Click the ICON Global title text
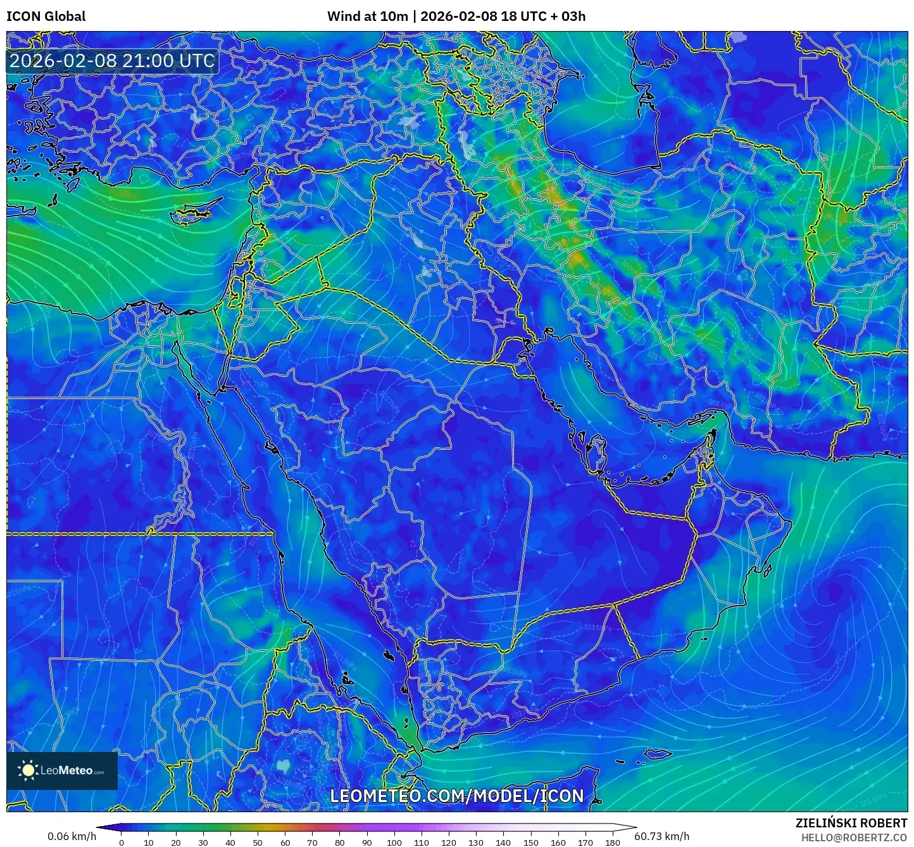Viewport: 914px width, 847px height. [46, 16]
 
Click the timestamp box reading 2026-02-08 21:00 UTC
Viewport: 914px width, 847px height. [112, 61]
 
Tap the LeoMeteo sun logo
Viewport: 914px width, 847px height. [28, 770]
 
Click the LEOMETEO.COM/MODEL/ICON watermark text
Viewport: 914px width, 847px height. [456, 796]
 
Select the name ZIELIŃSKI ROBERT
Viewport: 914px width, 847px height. [851, 823]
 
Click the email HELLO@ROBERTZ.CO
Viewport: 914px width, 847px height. [854, 837]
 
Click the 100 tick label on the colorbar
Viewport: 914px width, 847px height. [394, 843]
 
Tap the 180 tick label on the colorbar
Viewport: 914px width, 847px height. [613, 843]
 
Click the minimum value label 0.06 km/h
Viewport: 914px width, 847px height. [72, 836]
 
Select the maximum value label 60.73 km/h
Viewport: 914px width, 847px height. [661, 836]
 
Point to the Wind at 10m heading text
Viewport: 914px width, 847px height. [367, 16]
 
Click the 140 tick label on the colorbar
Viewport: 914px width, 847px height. [503, 843]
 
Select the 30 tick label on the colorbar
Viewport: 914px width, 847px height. [203, 843]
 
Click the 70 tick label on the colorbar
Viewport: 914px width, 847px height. [312, 843]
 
